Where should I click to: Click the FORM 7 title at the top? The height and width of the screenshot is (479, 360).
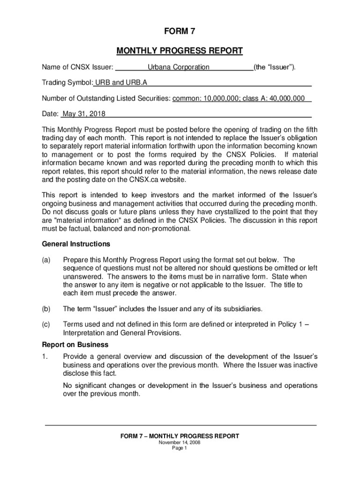[x=180, y=32]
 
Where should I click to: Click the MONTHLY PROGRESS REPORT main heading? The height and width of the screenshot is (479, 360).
[x=180, y=51]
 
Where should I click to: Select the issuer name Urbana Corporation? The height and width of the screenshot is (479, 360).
[x=179, y=67]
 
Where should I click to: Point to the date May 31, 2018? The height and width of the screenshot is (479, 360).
[x=84, y=114]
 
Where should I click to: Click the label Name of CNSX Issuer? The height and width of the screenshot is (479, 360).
[x=78, y=67]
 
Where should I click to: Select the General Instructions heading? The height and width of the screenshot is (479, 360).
[x=76, y=244]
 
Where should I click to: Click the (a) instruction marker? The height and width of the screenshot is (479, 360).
[x=46, y=260]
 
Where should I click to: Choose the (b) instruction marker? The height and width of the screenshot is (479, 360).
[x=46, y=309]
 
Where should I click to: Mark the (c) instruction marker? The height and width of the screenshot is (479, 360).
[x=46, y=325]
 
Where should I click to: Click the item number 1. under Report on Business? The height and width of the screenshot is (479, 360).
[x=45, y=356]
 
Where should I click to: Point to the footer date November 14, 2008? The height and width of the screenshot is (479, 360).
[x=180, y=443]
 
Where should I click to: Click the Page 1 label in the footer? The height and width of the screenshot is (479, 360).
[x=180, y=448]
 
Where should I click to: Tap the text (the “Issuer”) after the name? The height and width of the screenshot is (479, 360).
[x=275, y=67]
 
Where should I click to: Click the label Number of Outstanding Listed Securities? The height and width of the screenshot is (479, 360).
[x=106, y=98]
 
